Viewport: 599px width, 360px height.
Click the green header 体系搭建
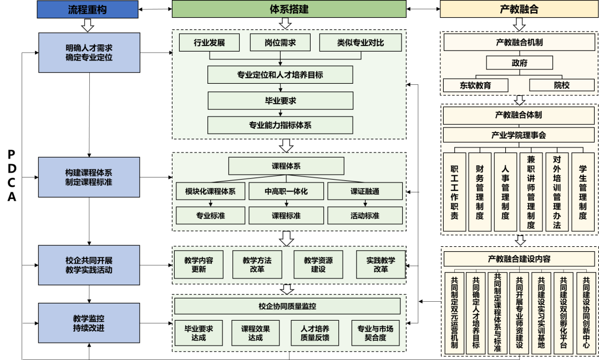click(x=289, y=9)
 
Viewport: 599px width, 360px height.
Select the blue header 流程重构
click(x=87, y=9)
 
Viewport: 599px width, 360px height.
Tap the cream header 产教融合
click(x=519, y=9)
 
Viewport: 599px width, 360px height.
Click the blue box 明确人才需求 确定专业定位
click(x=89, y=53)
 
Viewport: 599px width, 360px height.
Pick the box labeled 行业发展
click(x=209, y=43)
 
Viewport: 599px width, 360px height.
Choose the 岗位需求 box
click(x=280, y=43)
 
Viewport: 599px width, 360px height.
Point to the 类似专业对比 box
click(x=360, y=43)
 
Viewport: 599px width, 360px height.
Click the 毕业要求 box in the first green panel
click(x=280, y=100)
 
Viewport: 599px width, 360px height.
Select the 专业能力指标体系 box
click(x=280, y=125)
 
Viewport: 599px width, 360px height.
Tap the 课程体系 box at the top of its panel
click(x=286, y=166)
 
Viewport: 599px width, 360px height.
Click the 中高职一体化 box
click(x=286, y=191)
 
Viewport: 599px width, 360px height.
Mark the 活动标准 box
click(x=365, y=215)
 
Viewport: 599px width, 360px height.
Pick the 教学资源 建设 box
click(x=318, y=265)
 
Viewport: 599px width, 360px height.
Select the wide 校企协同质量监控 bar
click(x=287, y=306)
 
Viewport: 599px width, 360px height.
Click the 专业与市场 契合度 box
click(x=375, y=333)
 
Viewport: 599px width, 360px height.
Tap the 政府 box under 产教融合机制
click(x=520, y=63)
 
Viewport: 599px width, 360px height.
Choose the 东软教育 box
click(x=475, y=85)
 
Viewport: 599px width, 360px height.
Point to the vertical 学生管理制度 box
click(x=583, y=191)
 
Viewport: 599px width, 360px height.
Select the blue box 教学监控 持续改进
click(x=89, y=323)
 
